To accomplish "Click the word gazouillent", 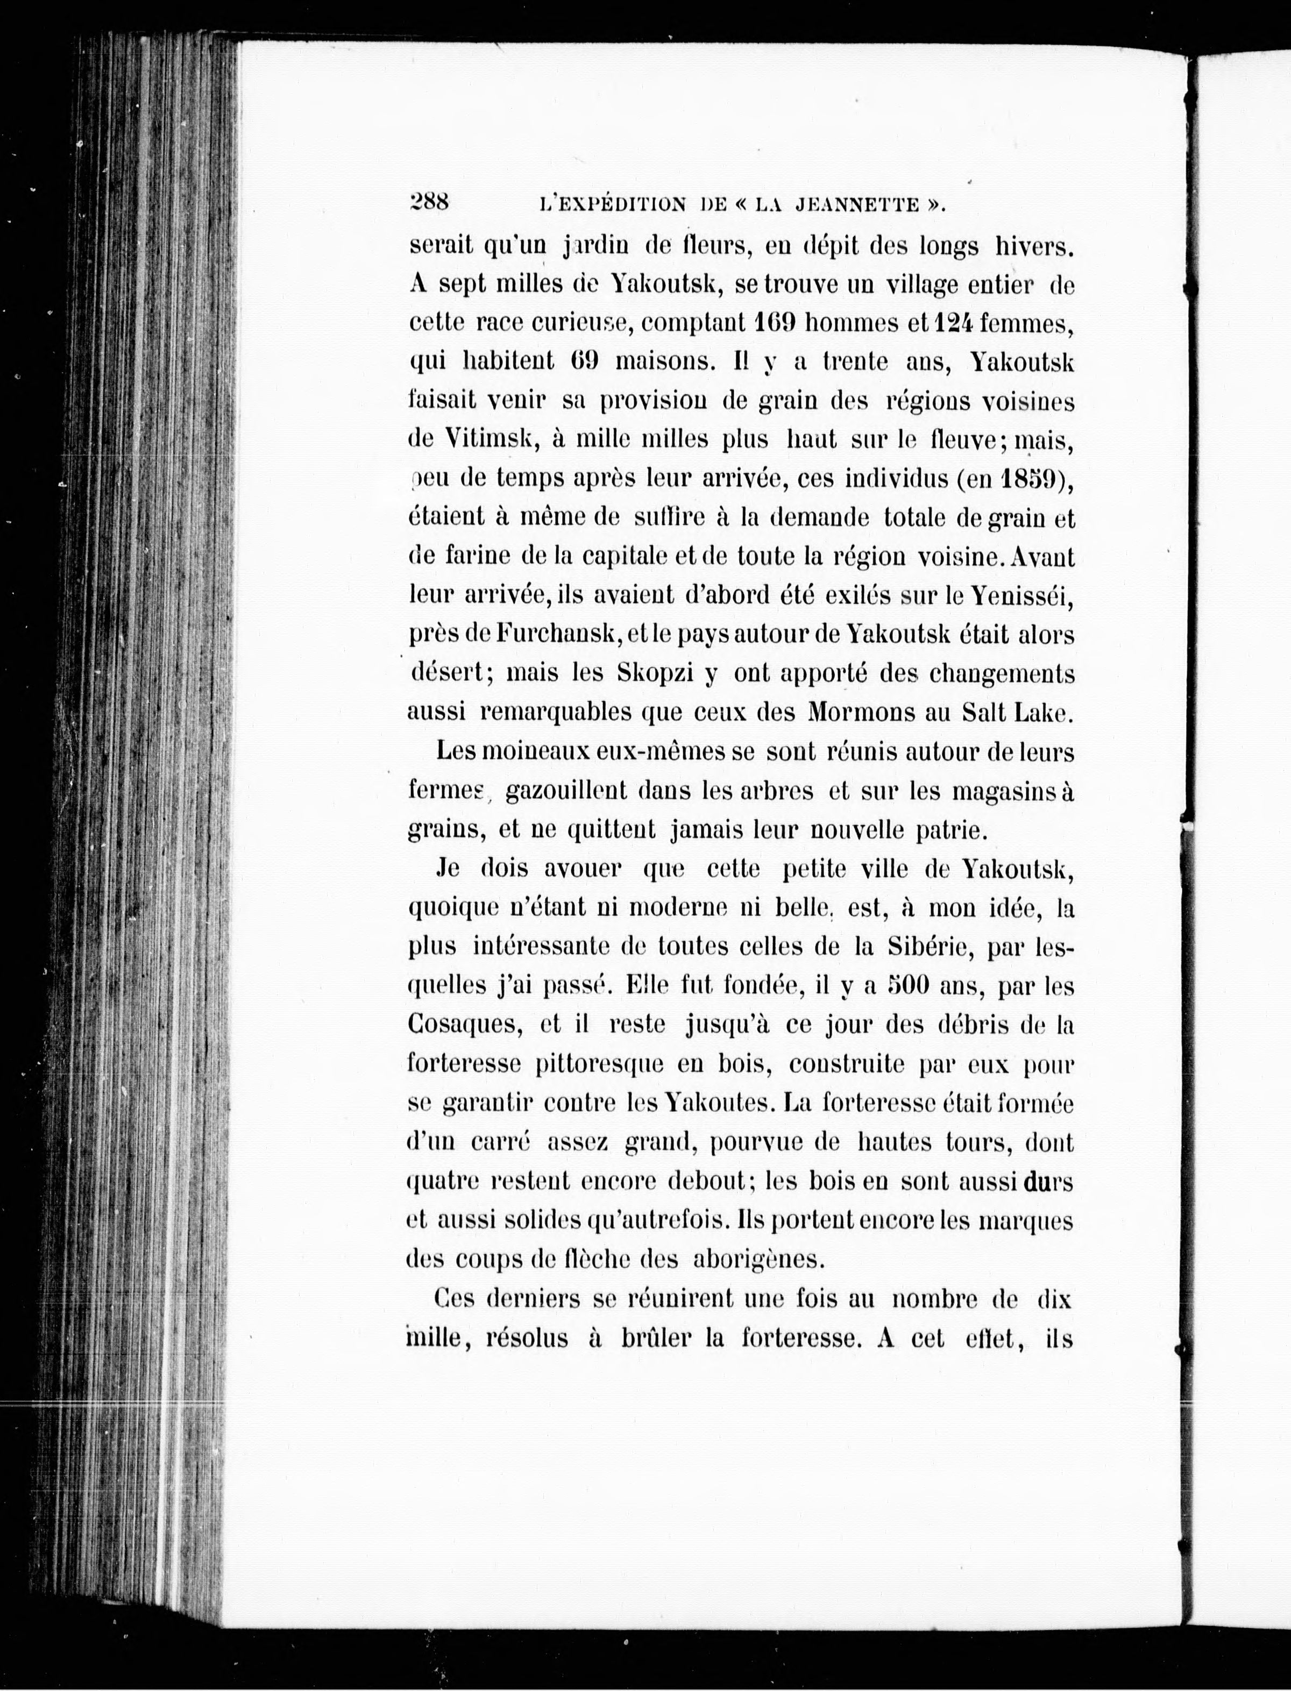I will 566,791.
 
